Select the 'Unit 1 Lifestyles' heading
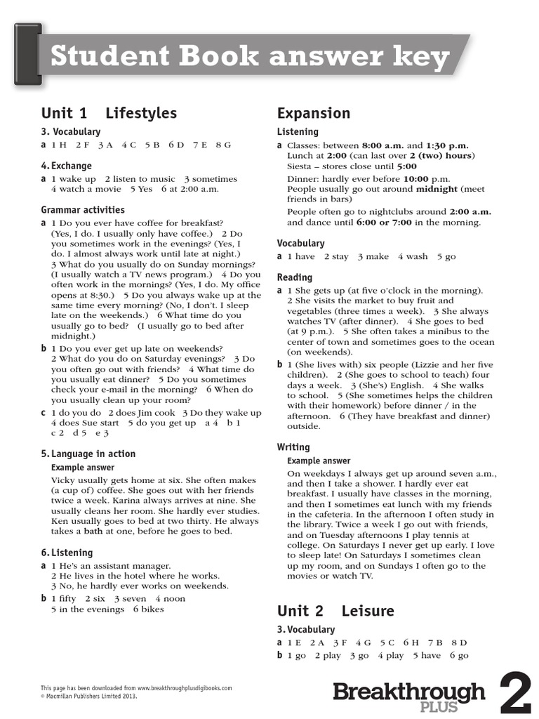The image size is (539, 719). [x=109, y=113]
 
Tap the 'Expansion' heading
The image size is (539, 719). [x=314, y=113]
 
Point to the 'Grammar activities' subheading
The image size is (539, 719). [x=83, y=210]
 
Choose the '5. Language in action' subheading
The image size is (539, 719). [x=88, y=454]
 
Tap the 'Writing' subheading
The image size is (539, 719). [x=293, y=447]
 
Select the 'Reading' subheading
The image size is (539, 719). [x=295, y=277]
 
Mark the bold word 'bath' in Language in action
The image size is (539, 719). [x=93, y=531]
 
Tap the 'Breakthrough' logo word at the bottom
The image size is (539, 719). [x=408, y=691]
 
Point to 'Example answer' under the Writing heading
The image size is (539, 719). [x=319, y=461]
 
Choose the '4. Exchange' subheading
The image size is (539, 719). [x=67, y=166]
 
